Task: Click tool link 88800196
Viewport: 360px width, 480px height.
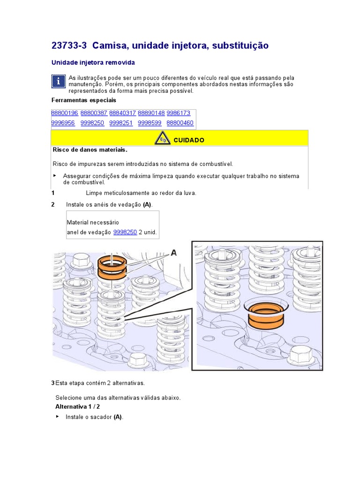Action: coord(65,113)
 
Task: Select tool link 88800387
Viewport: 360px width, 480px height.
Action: coord(94,113)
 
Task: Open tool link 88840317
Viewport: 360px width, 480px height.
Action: coord(122,113)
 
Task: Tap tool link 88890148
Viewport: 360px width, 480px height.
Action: coord(151,113)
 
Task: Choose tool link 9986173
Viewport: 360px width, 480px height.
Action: coord(179,113)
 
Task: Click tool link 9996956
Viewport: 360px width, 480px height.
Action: coord(63,123)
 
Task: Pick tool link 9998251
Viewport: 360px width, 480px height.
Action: coord(121,123)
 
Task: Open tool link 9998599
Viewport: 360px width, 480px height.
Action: coord(150,123)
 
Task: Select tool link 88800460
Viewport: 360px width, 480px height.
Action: coord(180,123)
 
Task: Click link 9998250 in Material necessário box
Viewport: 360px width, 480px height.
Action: coord(125,232)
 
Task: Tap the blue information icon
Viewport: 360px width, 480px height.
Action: coord(58,82)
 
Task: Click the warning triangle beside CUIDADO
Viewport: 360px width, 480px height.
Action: coord(162,138)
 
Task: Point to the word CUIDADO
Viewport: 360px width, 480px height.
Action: coord(189,140)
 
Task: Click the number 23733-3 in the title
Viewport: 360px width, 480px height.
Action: coord(69,45)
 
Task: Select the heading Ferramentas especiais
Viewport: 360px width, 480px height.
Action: coord(84,100)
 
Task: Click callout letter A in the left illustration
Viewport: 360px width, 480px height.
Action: coord(173,253)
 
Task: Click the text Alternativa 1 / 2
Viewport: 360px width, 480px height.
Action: coord(77,406)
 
